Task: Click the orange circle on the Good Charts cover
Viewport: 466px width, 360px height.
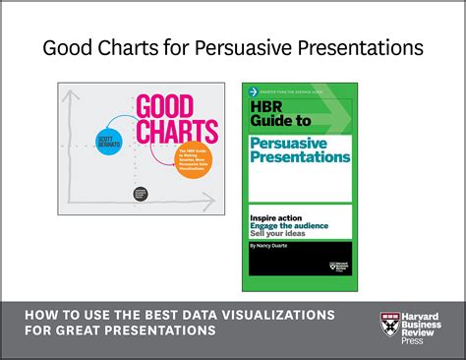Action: tap(195, 158)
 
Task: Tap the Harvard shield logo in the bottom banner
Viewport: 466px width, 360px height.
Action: tap(389, 322)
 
